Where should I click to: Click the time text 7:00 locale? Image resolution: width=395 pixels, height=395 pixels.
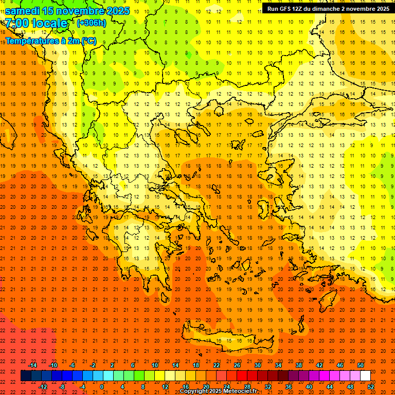coord(36,23)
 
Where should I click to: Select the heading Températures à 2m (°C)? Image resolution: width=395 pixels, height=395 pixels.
coord(50,41)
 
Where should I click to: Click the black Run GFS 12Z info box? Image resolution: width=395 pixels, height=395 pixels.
coord(328,8)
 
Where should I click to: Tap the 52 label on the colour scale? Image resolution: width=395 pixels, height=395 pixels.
coord(371,387)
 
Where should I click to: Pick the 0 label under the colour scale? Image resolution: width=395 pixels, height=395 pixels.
coord(102,387)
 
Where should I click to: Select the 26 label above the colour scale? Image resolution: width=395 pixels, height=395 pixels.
coord(237,365)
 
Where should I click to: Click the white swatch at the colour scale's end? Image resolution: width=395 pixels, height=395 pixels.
coord(366,376)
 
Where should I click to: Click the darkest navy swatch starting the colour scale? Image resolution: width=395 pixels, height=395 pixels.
coord(26,376)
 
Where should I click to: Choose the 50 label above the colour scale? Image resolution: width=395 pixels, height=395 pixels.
coord(361,365)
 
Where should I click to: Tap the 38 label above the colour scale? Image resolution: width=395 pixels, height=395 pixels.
coord(299,365)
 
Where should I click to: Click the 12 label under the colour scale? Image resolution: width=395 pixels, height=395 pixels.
coord(165,387)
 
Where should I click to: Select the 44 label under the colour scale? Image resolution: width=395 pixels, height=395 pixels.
coord(330,387)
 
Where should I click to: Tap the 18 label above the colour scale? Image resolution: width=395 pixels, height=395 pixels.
coord(196,365)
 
